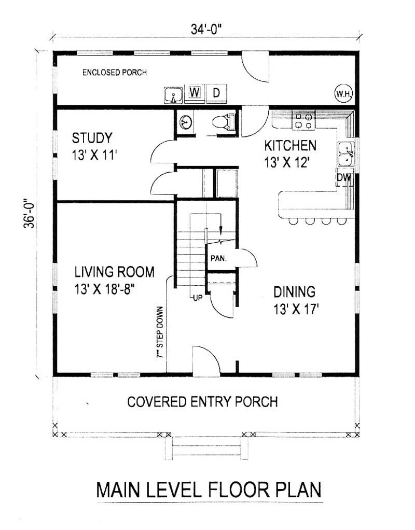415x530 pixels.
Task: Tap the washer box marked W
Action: coord(195,92)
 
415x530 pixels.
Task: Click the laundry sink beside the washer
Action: coord(173,95)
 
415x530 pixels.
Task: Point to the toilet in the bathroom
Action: coord(224,122)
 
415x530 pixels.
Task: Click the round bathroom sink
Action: coord(185,123)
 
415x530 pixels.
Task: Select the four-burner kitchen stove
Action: coord(303,121)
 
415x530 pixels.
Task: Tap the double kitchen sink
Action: coord(346,153)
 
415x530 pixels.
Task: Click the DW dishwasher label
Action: coord(344,178)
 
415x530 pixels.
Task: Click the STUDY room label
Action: coord(92,138)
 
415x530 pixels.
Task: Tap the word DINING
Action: coord(294,291)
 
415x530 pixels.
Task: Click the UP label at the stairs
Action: coord(197,298)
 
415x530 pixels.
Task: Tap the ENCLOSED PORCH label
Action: coord(114,73)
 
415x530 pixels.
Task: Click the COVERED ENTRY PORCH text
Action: coord(202,401)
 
